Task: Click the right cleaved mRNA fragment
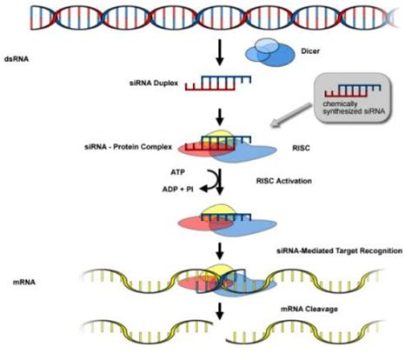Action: (x=313, y=336)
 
